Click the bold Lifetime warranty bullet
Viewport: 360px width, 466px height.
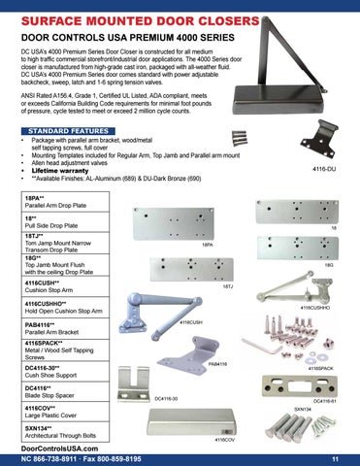coord(70,169)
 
